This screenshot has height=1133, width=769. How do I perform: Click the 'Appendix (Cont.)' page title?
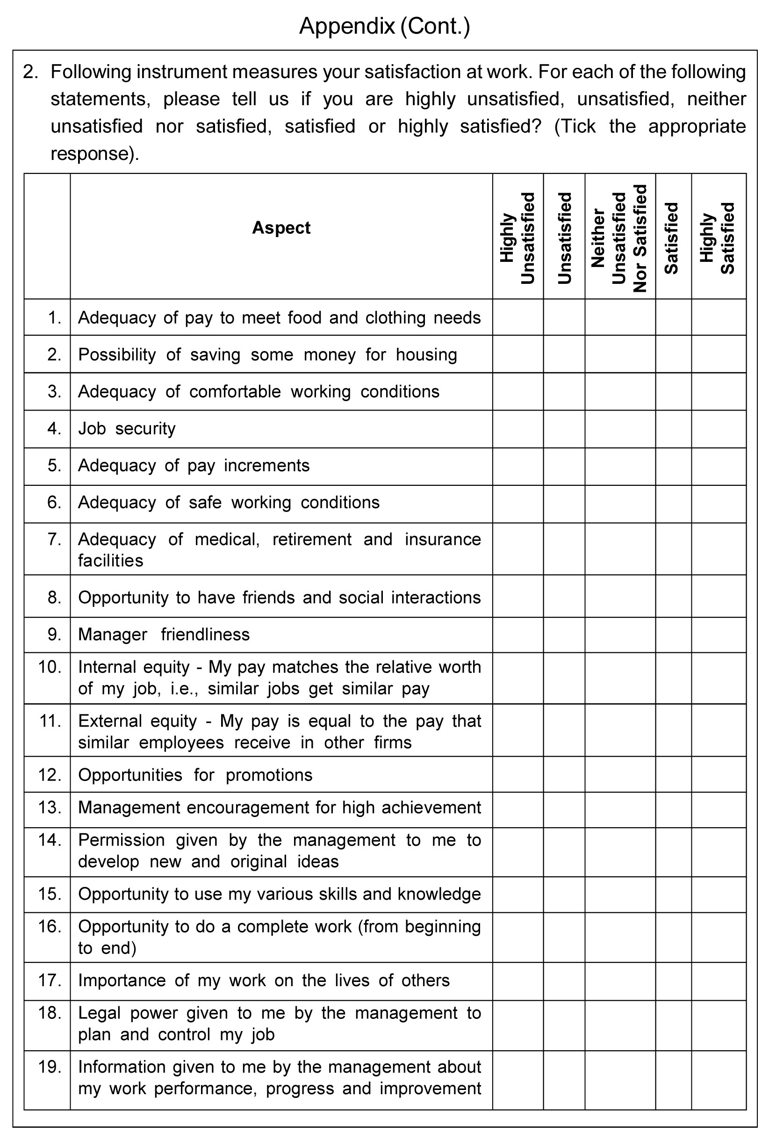[x=384, y=26]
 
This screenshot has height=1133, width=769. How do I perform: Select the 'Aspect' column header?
[x=281, y=228]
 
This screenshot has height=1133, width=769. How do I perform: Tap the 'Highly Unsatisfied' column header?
[x=517, y=238]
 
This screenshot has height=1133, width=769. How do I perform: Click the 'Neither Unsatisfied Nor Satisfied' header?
[x=619, y=238]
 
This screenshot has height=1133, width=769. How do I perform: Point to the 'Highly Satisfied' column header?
[x=718, y=238]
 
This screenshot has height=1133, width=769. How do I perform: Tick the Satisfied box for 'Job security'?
[x=673, y=428]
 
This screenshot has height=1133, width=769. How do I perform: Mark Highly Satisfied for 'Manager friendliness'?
[x=719, y=634]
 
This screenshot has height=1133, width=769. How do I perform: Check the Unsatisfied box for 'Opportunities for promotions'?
[x=564, y=775]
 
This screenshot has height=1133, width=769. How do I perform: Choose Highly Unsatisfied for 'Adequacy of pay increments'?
[x=517, y=466]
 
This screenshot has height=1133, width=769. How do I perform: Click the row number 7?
[x=54, y=539]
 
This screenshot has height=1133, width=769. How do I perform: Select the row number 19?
[x=50, y=1067]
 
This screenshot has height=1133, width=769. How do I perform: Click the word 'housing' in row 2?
[x=426, y=354]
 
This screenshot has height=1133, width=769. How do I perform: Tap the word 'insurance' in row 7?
[x=443, y=539]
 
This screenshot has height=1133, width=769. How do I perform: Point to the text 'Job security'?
[x=127, y=428]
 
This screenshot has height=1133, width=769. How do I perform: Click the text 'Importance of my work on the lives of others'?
[x=264, y=980]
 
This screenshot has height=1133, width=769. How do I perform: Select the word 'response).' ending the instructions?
[x=94, y=153]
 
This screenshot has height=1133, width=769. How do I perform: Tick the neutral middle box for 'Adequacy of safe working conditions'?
[x=619, y=503]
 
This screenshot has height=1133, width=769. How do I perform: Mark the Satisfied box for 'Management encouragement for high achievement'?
[x=673, y=808]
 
